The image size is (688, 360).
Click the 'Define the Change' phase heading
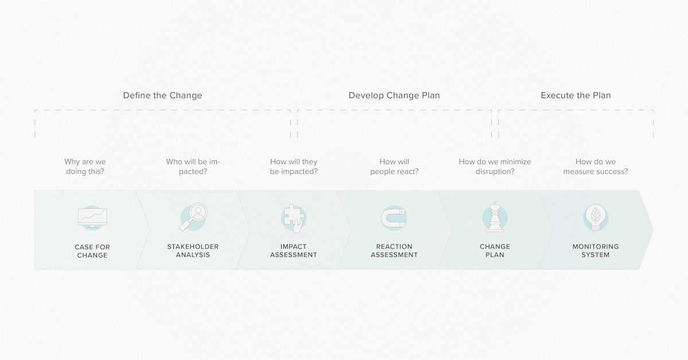click(x=162, y=95)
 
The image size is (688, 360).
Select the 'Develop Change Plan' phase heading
click(x=394, y=95)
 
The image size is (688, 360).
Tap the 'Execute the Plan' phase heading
click(x=576, y=95)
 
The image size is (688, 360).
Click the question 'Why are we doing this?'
click(x=85, y=167)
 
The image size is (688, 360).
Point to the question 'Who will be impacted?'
click(x=193, y=167)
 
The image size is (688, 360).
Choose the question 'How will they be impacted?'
click(x=294, y=167)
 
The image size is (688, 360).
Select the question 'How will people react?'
click(x=394, y=167)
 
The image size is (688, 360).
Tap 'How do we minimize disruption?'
click(x=495, y=167)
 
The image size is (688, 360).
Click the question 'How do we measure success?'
click(x=596, y=167)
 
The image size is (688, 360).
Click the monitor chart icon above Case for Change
click(x=92, y=218)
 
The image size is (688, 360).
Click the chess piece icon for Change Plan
click(x=495, y=218)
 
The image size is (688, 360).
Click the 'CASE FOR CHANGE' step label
click(x=92, y=251)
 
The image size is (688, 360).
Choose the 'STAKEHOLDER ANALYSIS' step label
click(x=193, y=251)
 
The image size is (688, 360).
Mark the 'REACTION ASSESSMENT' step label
click(x=394, y=251)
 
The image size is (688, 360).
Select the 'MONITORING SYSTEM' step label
click(x=596, y=251)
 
